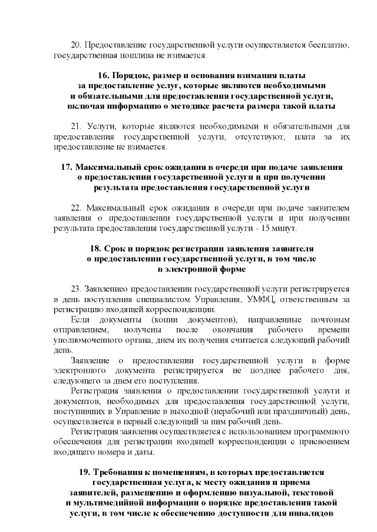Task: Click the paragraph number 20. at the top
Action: tap(76, 45)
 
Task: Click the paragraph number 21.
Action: tap(75, 126)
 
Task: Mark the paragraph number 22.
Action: tap(76, 208)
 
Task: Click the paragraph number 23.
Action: tap(76, 289)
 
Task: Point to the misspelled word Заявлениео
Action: tap(103, 289)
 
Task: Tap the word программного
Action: tap(323, 432)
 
